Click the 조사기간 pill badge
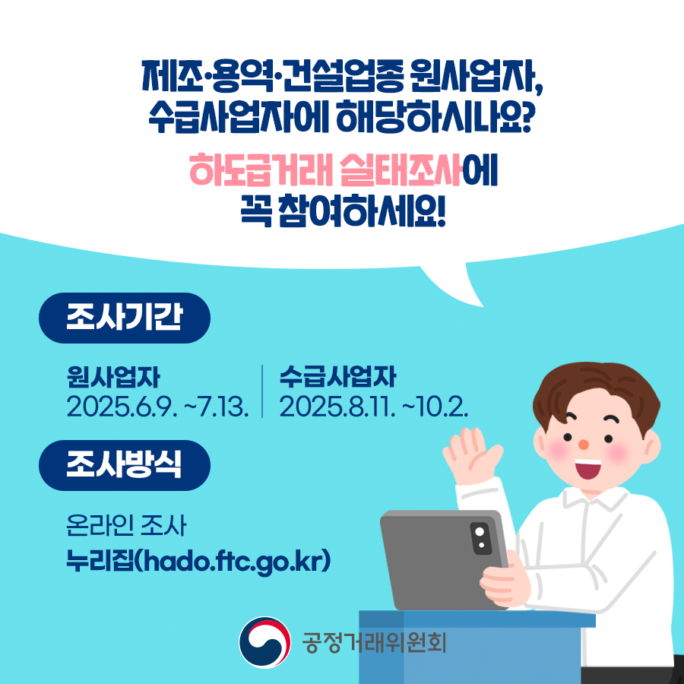[x=125, y=318]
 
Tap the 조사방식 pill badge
[x=125, y=465]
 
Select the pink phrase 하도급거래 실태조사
[x=325, y=169]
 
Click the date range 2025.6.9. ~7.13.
[x=157, y=407]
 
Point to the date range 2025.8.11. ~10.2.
[x=374, y=407]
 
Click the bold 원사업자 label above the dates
[x=113, y=377]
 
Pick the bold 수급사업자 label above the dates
[x=337, y=377]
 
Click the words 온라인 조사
[x=126, y=525]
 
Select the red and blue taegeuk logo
[x=264, y=642]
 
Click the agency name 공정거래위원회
[x=374, y=642]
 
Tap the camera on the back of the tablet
[x=480, y=538]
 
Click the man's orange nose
[x=583, y=445]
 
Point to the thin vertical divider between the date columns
[x=262, y=391]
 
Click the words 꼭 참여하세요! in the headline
[x=344, y=211]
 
